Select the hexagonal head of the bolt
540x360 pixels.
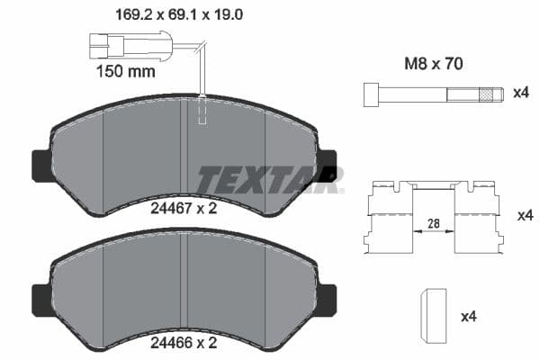tap(371, 94)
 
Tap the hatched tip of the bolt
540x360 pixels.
tap(490, 94)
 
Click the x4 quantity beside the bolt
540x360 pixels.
tap(520, 94)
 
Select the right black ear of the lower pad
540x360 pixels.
tap(328, 299)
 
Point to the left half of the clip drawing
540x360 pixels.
tap(388, 219)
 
